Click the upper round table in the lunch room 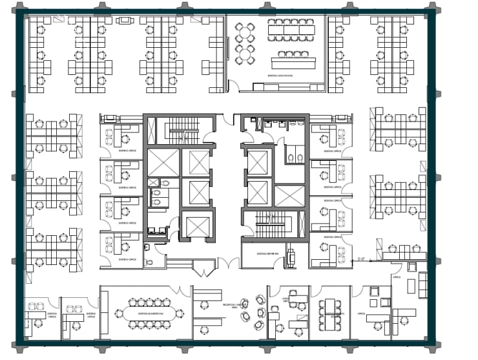pyautogui.click(x=246, y=32)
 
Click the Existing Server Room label pyautogui.click(x=267, y=253)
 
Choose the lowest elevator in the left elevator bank pyautogui.click(x=196, y=225)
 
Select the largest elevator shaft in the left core pyautogui.click(x=163, y=162)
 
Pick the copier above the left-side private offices pyautogui.click(x=110, y=118)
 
